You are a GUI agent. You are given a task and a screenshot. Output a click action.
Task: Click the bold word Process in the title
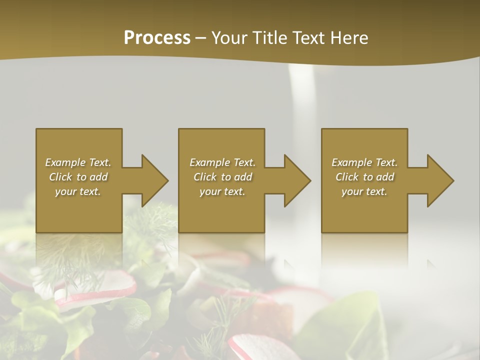(157, 38)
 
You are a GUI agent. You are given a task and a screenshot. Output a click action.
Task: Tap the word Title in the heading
(268, 38)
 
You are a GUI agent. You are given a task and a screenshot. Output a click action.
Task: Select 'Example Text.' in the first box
(78, 162)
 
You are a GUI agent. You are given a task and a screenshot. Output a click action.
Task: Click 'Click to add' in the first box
(78, 177)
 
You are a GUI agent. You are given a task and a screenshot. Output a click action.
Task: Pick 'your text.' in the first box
(78, 191)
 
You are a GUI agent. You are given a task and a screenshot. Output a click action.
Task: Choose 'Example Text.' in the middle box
(222, 162)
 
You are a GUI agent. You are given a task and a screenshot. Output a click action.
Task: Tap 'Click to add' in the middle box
(222, 177)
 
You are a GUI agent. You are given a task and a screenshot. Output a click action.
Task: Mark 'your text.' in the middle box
(222, 191)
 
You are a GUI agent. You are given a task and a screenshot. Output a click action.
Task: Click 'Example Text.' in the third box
(364, 162)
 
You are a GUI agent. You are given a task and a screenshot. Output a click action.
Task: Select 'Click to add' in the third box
(364, 177)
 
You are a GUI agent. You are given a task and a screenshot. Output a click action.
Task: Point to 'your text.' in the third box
(364, 191)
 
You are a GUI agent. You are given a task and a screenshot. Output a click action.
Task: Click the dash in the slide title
(201, 38)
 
